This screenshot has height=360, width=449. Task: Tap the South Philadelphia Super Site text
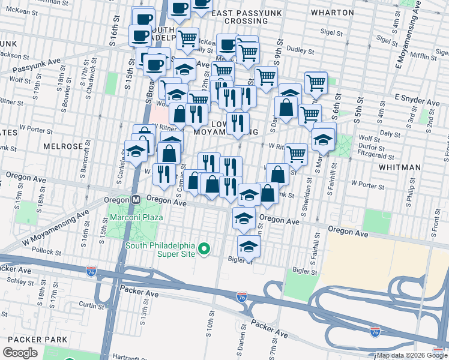point(160,250)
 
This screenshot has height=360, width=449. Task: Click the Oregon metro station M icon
point(136,200)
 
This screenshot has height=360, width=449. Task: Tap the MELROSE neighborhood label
point(62,146)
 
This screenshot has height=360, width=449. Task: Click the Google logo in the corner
point(20,353)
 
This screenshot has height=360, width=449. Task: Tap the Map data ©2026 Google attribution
point(411,355)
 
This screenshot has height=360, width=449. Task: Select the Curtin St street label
point(92,305)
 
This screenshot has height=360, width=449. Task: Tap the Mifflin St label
point(423,56)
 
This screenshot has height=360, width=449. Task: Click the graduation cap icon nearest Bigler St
point(249,246)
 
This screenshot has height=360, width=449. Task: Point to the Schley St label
point(20,281)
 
